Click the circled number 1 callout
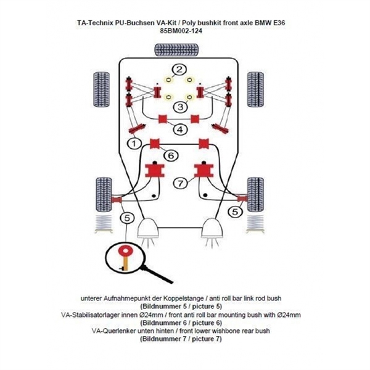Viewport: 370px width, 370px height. point(131,143)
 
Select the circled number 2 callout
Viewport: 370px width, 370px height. point(179,70)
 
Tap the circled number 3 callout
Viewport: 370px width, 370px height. point(179,107)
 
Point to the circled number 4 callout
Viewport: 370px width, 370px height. point(179,129)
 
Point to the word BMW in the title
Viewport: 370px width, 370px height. point(278,22)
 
